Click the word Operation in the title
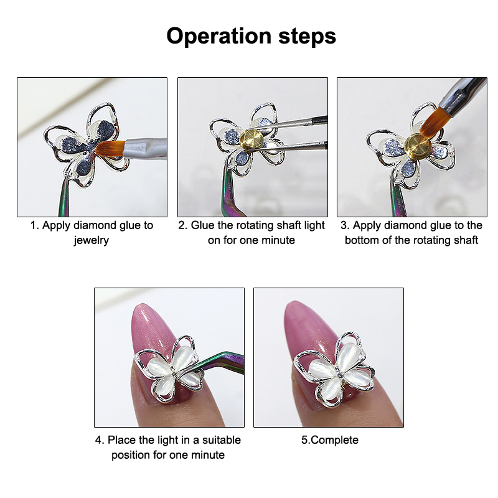tap(219, 37)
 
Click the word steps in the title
tap(307, 37)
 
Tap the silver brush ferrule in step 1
tap(145, 148)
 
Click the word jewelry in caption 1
tap(92, 240)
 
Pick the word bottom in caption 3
tap(362, 240)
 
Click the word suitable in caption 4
tap(222, 440)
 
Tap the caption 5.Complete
tap(330, 440)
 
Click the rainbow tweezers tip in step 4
tap(187, 370)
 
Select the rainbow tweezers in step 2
tap(231, 190)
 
